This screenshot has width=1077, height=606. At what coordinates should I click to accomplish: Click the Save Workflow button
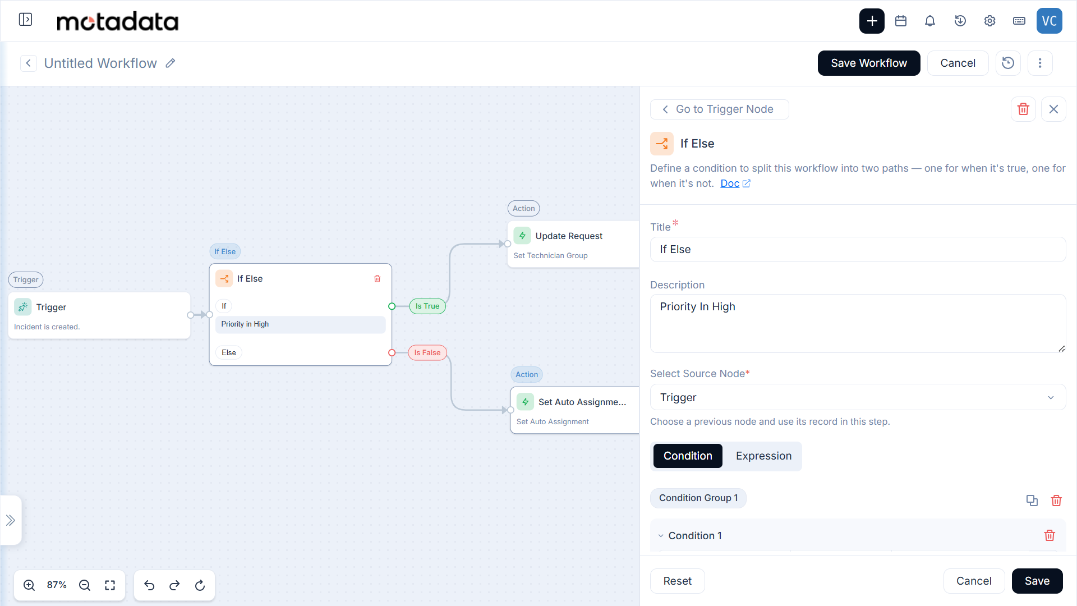[869, 63]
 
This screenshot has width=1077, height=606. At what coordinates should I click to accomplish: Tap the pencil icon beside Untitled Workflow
[171, 63]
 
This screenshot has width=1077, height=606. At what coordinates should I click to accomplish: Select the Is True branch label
[427, 306]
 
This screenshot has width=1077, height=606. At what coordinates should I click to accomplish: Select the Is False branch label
[427, 353]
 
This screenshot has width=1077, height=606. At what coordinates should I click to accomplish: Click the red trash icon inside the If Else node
[378, 279]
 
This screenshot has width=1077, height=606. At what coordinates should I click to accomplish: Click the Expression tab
[763, 456]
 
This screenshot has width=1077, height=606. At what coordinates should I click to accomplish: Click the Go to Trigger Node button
[720, 109]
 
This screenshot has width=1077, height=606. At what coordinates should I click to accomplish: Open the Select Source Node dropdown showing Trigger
[858, 397]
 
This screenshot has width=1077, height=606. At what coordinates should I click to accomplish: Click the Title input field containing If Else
[858, 250]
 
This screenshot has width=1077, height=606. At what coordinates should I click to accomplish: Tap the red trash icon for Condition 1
[1050, 536]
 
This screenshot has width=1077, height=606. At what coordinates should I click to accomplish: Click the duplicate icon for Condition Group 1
[1032, 501]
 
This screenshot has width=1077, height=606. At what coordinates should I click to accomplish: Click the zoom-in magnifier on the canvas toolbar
[29, 585]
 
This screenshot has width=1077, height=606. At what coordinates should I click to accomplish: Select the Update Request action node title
[569, 236]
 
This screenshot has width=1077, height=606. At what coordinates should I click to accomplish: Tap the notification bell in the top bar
[930, 21]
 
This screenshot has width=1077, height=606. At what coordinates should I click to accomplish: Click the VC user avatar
[1050, 21]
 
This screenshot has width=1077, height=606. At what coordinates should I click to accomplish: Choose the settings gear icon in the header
[989, 21]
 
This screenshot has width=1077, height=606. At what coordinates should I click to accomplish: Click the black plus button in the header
[872, 21]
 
